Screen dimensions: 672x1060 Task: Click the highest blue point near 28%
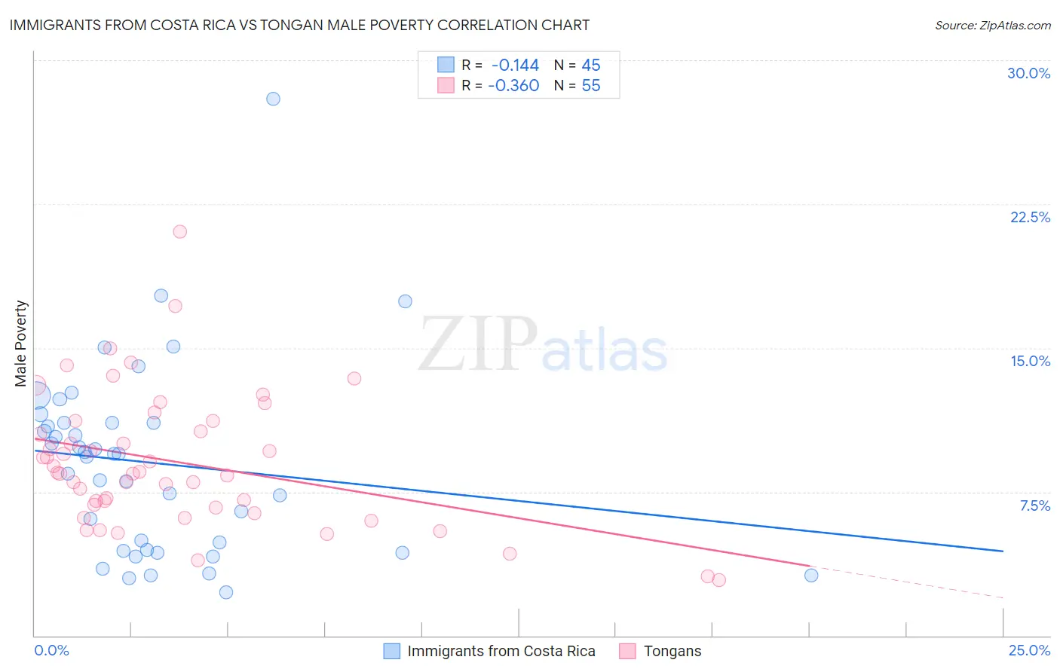(273, 99)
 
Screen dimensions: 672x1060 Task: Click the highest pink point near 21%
(179, 231)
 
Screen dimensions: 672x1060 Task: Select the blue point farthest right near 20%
(811, 576)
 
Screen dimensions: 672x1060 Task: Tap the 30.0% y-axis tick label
(1028, 73)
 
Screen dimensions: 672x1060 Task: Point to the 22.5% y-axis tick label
(1030, 217)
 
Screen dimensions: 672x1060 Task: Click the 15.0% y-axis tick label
(1030, 361)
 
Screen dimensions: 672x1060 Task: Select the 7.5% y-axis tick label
(1034, 506)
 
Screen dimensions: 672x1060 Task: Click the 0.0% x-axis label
(51, 650)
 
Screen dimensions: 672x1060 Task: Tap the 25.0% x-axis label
(1029, 650)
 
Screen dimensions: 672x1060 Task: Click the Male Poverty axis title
(21, 344)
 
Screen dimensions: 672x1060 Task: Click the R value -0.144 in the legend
(515, 66)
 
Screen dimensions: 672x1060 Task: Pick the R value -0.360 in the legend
(513, 86)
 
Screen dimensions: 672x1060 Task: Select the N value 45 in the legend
(591, 66)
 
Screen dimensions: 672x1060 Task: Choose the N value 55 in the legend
(591, 86)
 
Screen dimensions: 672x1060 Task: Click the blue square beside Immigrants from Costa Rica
(392, 651)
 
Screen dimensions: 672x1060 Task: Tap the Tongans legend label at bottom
(672, 651)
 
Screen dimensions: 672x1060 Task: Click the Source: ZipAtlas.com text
(992, 25)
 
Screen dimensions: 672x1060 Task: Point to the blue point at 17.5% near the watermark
(405, 301)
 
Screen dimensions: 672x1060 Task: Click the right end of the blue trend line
(1003, 551)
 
